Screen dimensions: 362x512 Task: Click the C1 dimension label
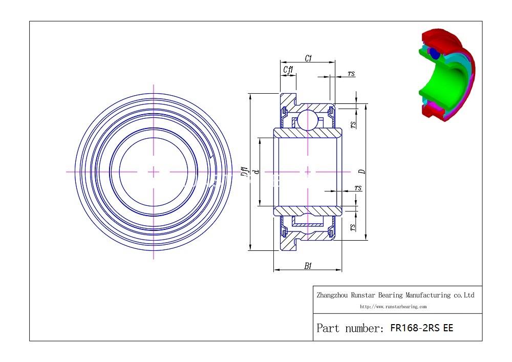(x=308, y=58)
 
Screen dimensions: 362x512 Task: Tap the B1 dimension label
(x=308, y=265)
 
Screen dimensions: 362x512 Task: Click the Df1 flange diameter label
(x=245, y=172)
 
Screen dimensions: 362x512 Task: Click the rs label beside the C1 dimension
(x=351, y=74)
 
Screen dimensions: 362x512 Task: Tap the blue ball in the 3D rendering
(x=434, y=53)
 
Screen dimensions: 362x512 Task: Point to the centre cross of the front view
(x=154, y=172)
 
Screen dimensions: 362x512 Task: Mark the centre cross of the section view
(x=307, y=172)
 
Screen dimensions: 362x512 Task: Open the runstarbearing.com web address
(x=393, y=307)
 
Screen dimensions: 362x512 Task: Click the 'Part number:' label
(x=350, y=328)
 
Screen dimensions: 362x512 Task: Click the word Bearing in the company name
(x=391, y=295)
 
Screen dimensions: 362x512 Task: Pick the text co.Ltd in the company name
(x=464, y=295)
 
